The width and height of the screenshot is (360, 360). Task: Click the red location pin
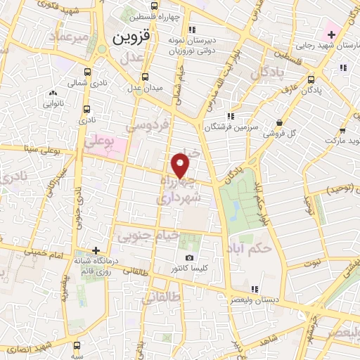181,166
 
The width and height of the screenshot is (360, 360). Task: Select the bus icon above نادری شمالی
87,72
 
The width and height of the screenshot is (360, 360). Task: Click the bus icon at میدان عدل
145,77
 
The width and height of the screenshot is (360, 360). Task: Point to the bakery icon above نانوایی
53,93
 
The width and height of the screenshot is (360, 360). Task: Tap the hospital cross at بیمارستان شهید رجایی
330,34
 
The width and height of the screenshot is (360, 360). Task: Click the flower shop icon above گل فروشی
279,121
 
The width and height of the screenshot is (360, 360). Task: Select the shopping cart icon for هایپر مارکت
343,130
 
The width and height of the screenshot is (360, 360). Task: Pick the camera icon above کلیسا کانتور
188,259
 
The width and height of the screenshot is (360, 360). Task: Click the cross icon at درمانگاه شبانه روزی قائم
96,250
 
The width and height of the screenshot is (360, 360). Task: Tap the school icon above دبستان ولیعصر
255,288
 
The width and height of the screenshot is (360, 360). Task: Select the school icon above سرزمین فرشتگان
229,117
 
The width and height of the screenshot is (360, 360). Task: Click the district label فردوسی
148,126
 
